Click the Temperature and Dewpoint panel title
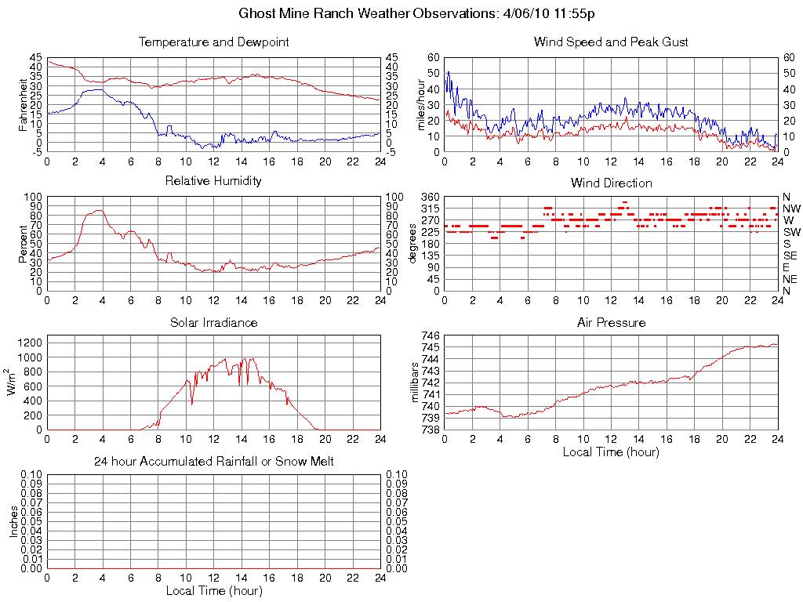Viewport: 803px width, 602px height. pos(213,42)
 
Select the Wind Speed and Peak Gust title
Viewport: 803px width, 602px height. pos(611,42)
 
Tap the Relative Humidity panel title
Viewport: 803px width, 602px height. pos(213,181)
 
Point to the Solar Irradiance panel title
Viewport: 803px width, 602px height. pos(213,322)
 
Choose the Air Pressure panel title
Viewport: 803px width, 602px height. pos(611,322)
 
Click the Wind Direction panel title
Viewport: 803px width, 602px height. pos(611,183)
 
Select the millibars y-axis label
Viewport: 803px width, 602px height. pos(417,383)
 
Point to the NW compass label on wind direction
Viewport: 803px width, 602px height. pos(791,209)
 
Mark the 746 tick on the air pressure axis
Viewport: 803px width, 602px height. pos(431,335)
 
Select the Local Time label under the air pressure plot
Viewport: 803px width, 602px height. pos(611,452)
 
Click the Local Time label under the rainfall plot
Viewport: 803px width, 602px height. pos(213,590)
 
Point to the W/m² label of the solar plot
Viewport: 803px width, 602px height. pos(12,383)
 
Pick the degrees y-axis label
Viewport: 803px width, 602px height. pos(414,244)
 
